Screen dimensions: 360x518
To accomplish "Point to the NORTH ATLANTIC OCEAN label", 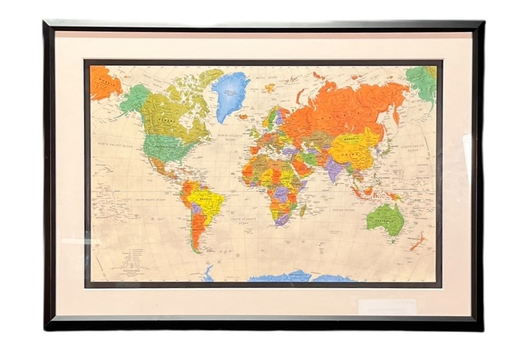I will click(x=231, y=136).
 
